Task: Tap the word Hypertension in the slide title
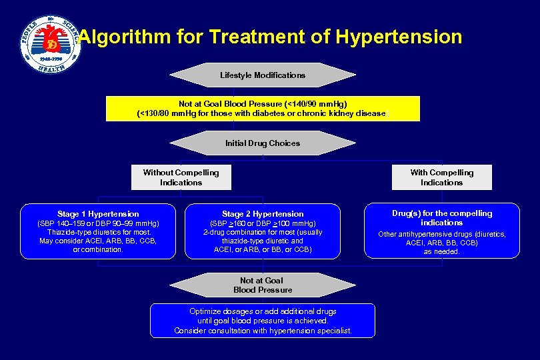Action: point(399,37)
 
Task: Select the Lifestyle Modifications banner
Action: point(263,75)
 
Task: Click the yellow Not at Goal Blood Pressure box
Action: point(263,109)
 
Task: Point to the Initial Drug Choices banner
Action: point(263,143)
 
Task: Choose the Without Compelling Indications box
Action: point(181,177)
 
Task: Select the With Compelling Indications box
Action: point(441,177)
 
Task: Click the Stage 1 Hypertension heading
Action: point(98,214)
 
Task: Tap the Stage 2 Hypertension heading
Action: point(263,214)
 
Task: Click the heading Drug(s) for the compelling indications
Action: point(441,218)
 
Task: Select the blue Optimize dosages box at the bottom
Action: point(263,321)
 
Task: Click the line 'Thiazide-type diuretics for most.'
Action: point(98,232)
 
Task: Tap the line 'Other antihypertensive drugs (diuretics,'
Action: point(441,234)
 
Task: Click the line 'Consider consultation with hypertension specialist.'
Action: point(263,331)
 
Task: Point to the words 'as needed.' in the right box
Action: point(441,251)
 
